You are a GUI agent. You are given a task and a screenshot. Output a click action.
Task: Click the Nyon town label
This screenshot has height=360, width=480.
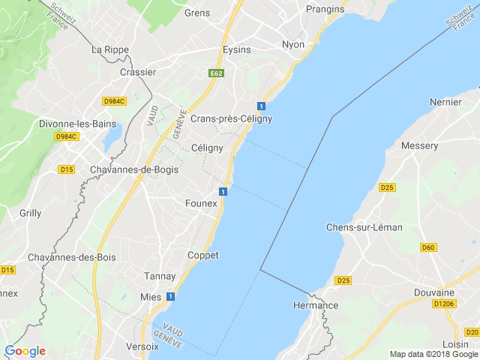[x=293, y=44]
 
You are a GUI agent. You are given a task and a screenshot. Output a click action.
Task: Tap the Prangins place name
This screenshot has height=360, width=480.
[x=325, y=9]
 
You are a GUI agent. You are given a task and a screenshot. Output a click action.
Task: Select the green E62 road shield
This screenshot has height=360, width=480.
[x=217, y=73]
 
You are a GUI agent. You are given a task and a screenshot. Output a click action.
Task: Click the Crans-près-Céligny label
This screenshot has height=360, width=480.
[x=231, y=118]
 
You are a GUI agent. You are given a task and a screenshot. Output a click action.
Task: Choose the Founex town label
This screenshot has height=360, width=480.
[x=201, y=203]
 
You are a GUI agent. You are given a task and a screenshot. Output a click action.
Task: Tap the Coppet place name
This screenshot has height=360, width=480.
[x=202, y=255]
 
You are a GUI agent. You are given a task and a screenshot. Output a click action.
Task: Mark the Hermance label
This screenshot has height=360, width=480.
[x=314, y=305]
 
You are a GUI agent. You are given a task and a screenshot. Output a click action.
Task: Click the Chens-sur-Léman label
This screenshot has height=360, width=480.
[x=364, y=227]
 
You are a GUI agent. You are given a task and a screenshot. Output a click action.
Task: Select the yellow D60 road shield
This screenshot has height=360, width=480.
[x=428, y=247]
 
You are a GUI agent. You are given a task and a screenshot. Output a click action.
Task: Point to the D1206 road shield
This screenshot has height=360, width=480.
[x=443, y=304]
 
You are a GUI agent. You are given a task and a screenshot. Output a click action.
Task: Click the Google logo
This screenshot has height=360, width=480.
[x=25, y=350]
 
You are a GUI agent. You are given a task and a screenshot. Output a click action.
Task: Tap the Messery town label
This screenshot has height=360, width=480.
[x=420, y=145]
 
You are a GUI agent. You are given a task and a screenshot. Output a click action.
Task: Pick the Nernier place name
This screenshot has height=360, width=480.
[x=445, y=100]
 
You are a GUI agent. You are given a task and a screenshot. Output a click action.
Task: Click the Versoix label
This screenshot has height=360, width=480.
[x=142, y=346]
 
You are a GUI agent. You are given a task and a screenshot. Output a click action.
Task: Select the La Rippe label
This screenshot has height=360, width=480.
[x=110, y=49]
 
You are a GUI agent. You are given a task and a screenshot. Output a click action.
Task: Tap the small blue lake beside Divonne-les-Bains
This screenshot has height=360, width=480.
[x=112, y=138]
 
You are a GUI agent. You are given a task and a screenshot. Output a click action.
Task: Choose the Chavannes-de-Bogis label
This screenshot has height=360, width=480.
[x=134, y=169]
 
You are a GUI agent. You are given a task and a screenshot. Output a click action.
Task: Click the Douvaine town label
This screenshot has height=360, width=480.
[x=434, y=292]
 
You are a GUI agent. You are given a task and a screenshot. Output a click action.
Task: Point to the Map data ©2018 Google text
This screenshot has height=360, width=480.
[x=433, y=354]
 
